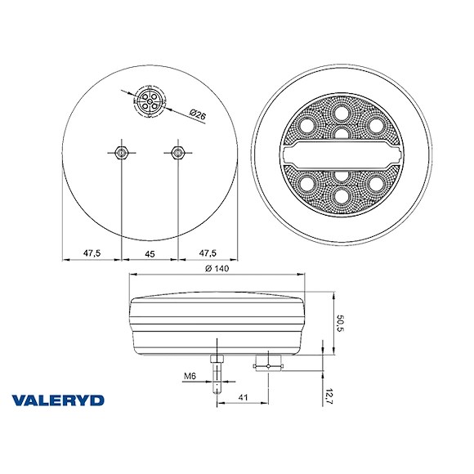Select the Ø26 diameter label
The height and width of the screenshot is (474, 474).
(x=195, y=116)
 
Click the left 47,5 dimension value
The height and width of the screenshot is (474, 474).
(x=92, y=254)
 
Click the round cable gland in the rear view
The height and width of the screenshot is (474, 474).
(x=150, y=104)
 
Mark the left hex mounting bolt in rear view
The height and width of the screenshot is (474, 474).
(x=120, y=152)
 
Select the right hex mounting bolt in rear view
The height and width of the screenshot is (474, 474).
(x=177, y=152)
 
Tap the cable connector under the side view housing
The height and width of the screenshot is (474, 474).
(x=267, y=361)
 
